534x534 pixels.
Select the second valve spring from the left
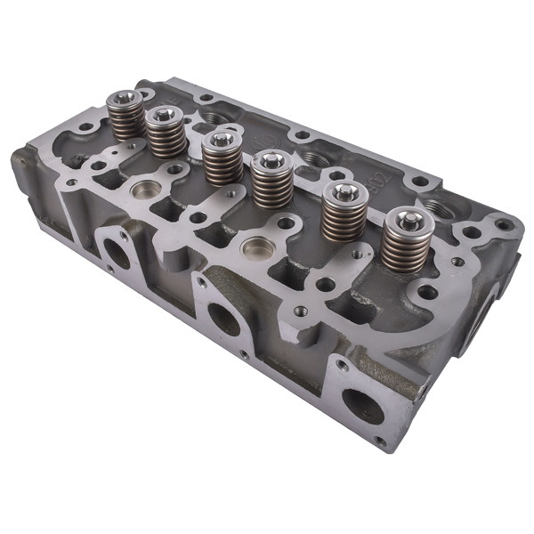[166, 133]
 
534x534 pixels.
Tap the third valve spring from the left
[222, 158]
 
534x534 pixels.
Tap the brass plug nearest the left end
[145, 190]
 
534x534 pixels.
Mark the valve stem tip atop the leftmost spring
[123, 96]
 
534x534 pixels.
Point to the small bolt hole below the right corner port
[381, 441]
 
